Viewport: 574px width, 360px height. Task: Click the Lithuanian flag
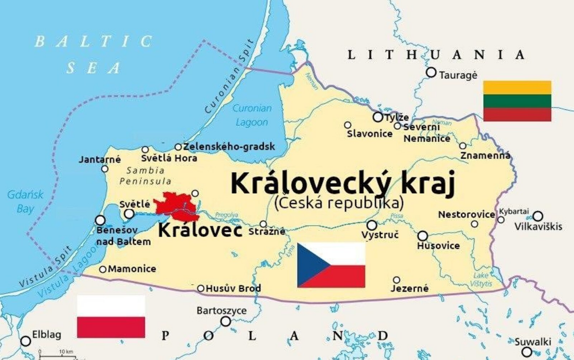point(517,101)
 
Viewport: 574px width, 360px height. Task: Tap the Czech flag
point(331,265)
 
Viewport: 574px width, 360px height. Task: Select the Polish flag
point(111,316)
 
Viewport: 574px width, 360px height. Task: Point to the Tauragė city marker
point(431,72)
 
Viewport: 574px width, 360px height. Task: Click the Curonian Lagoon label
point(252,115)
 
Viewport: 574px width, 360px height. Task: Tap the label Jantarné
point(100,159)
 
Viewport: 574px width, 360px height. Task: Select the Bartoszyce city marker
point(225,322)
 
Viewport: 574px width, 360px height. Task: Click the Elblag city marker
point(26,341)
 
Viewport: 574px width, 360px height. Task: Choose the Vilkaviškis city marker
point(538,216)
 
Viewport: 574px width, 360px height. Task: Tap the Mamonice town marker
point(102,269)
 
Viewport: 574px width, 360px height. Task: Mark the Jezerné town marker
point(397,280)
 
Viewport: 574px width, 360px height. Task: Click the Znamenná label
point(485,155)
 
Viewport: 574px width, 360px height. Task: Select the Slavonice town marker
point(348,125)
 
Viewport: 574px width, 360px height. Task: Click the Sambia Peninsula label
point(145,175)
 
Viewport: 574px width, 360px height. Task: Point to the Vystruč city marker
point(372,225)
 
